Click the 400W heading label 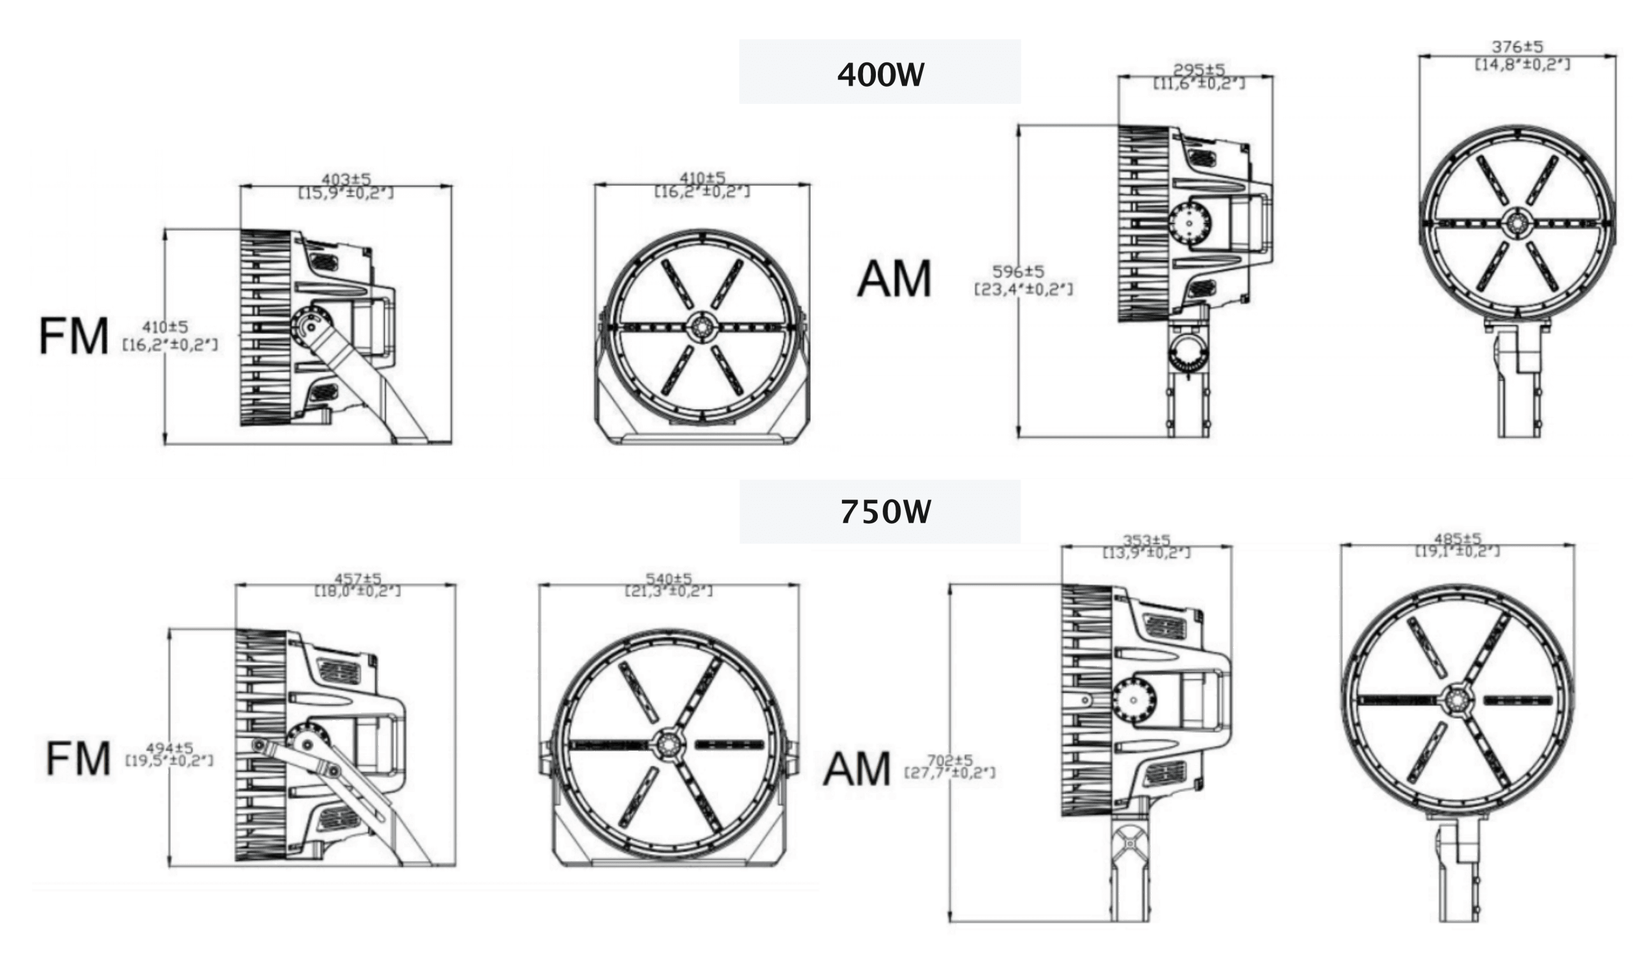tap(880, 75)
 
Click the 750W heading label tap(885, 512)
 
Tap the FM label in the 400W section tap(74, 336)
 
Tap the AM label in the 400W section tap(894, 278)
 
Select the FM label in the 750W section tap(78, 759)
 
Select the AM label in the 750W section tap(858, 769)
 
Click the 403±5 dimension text tap(346, 178)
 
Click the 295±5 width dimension tap(1199, 69)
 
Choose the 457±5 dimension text tap(358, 577)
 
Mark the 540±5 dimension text tap(669, 577)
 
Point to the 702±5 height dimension tap(950, 760)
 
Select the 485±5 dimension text tap(1458, 538)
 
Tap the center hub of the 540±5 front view tap(666, 745)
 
